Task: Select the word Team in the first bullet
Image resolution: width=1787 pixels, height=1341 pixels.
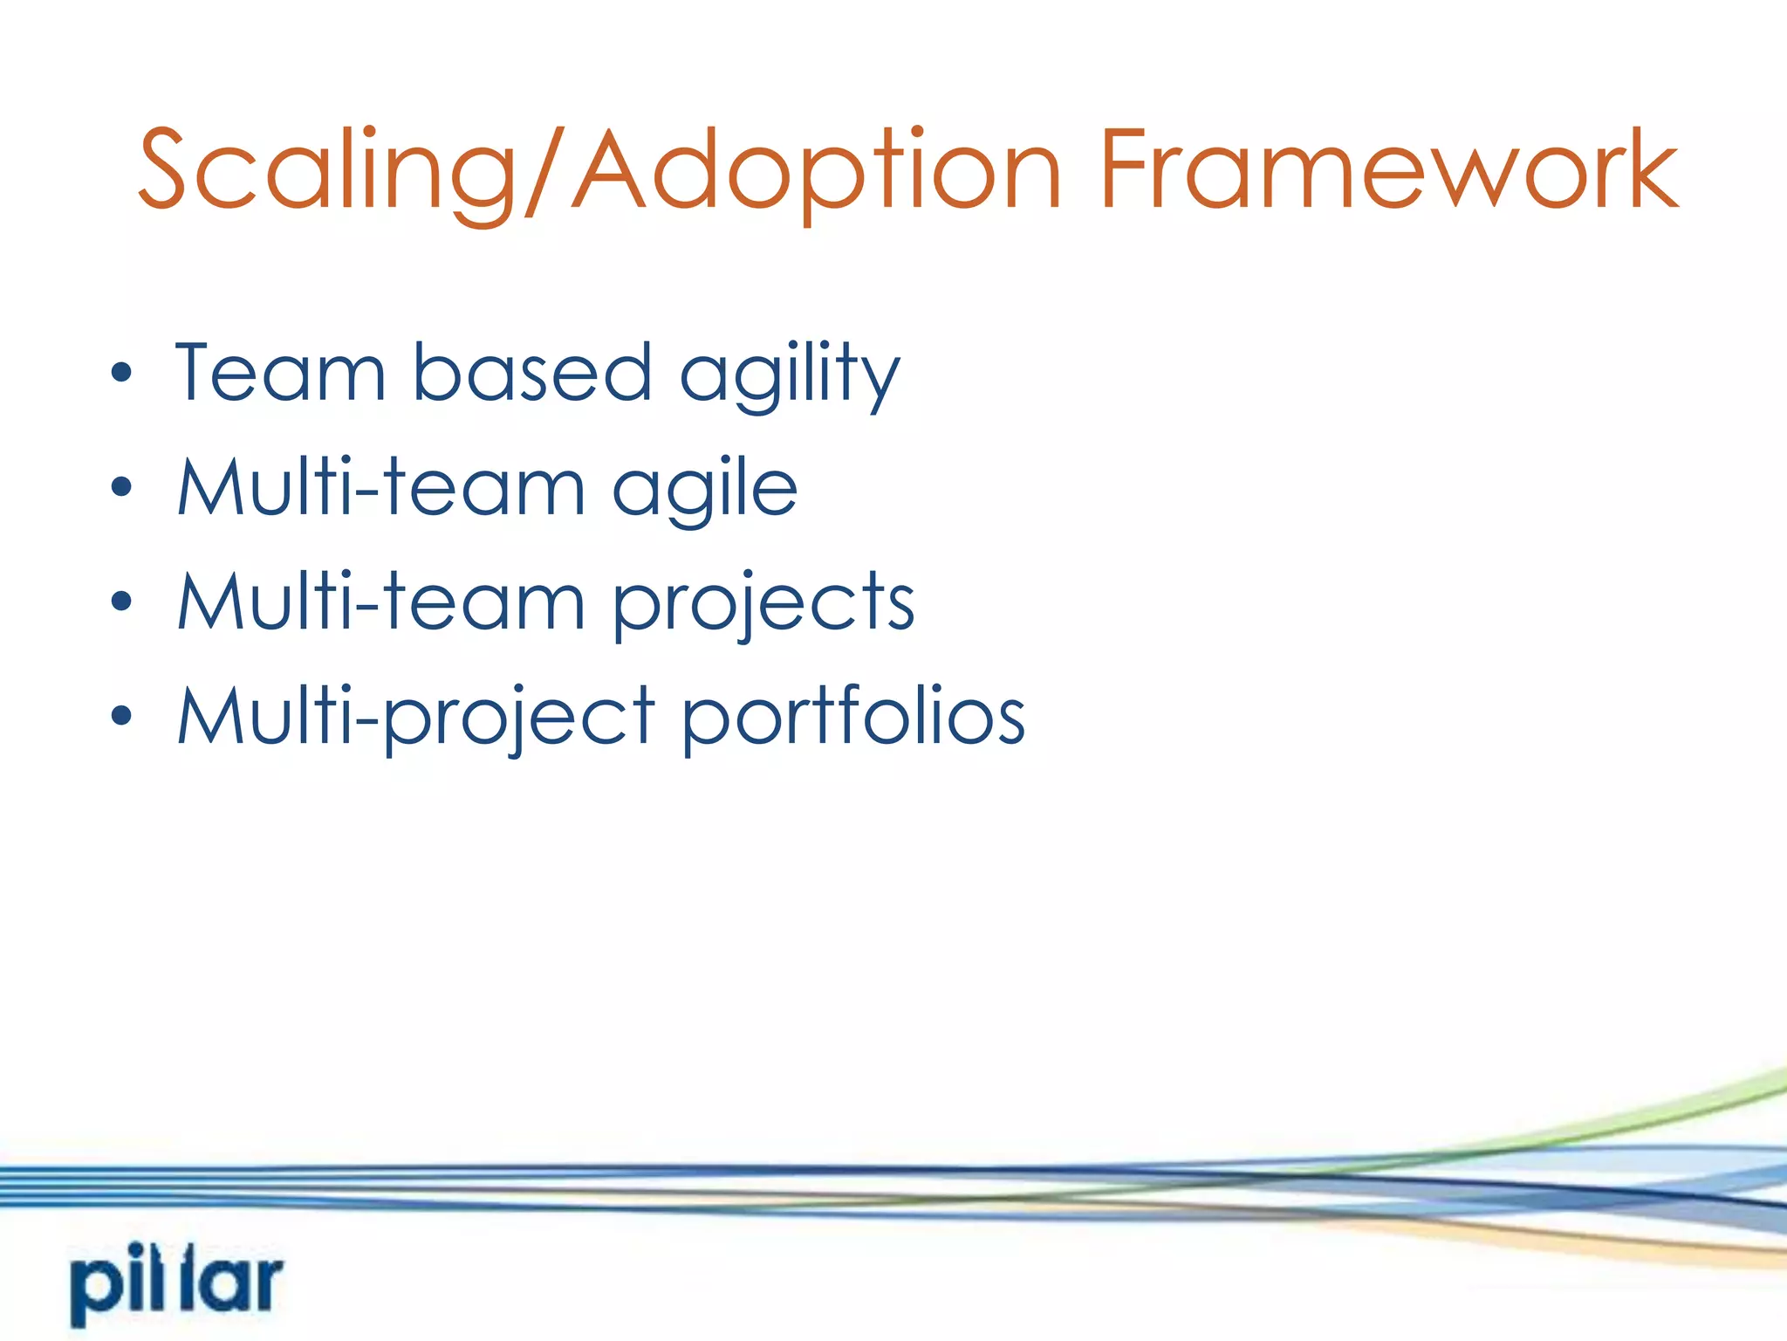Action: click(280, 374)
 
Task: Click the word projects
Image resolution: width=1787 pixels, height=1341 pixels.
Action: click(763, 605)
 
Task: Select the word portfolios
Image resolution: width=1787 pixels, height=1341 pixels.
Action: click(853, 719)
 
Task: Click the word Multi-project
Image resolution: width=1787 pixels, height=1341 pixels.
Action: click(415, 719)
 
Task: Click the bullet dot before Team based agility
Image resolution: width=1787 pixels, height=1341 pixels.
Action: click(122, 374)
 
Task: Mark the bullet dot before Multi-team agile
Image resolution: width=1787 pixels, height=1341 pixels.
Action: click(122, 487)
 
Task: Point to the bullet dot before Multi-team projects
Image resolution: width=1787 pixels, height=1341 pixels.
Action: click(122, 602)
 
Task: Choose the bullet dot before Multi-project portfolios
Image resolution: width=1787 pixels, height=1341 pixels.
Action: click(122, 716)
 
